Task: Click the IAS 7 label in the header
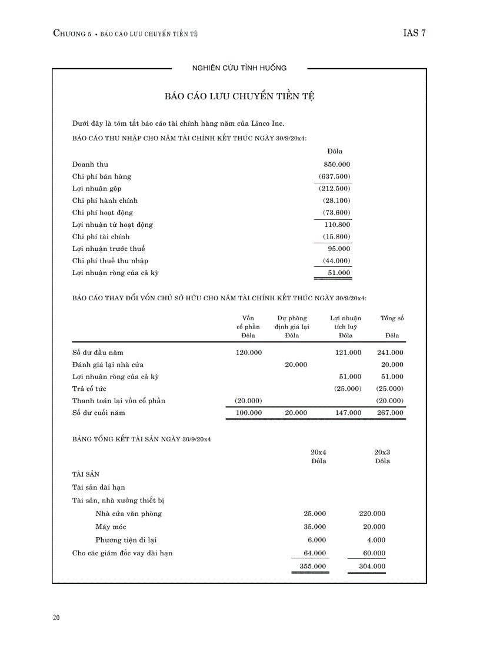pyautogui.click(x=414, y=33)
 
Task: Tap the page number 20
pyautogui.click(x=56, y=618)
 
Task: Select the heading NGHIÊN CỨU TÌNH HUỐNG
pyautogui.click(x=239, y=68)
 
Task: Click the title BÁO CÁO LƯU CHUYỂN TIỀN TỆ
pyautogui.click(x=239, y=96)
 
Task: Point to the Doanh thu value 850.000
pyautogui.click(x=336, y=165)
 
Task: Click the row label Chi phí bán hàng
pyautogui.click(x=102, y=176)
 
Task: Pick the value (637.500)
pyautogui.click(x=334, y=176)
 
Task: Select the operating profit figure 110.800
pyautogui.click(x=337, y=225)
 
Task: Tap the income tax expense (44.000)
pyautogui.click(x=336, y=260)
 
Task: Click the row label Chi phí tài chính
pyautogui.click(x=101, y=236)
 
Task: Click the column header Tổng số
pyautogui.click(x=392, y=318)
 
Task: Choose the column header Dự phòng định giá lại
pyautogui.click(x=292, y=322)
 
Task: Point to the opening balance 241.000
pyautogui.click(x=390, y=353)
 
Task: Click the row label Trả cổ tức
pyautogui.click(x=89, y=388)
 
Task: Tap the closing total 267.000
pyautogui.click(x=390, y=413)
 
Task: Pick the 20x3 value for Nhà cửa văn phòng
pyautogui.click(x=372, y=514)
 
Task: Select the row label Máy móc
pyautogui.click(x=111, y=527)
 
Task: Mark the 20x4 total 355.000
pyautogui.click(x=312, y=567)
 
